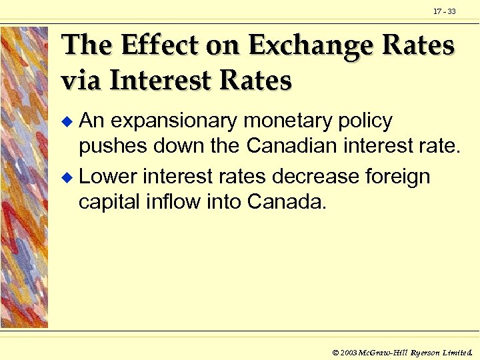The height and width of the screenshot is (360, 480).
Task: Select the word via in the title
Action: point(82,81)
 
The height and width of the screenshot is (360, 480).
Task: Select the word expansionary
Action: point(174,122)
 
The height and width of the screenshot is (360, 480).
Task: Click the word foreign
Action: point(398,177)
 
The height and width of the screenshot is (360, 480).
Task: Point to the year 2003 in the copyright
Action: point(349,351)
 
